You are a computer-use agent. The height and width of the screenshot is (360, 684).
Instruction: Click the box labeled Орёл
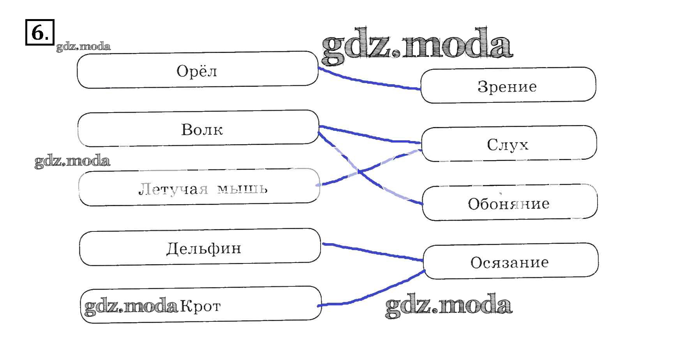click(x=197, y=71)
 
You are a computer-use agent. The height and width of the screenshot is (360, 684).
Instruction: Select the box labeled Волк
click(x=198, y=129)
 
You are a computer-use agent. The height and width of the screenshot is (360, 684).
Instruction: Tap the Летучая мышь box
click(x=199, y=188)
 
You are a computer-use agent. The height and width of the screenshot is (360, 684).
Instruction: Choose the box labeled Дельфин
click(x=200, y=247)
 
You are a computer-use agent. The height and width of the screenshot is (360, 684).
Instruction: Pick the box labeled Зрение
click(x=508, y=86)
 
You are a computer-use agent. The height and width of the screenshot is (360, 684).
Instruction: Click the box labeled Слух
click(x=509, y=144)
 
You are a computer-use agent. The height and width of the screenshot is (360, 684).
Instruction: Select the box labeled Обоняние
click(x=509, y=203)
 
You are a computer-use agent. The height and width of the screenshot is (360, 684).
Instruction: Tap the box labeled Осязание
click(x=510, y=262)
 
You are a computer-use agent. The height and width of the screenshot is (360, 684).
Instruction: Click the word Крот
click(x=201, y=306)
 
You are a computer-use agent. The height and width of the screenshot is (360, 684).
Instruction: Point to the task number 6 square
click(x=40, y=32)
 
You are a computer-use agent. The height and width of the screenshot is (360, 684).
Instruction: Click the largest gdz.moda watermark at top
click(x=417, y=47)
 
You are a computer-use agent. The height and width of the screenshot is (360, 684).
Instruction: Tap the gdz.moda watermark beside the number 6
click(x=83, y=47)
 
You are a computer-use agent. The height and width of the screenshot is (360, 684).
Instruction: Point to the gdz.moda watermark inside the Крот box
click(x=131, y=307)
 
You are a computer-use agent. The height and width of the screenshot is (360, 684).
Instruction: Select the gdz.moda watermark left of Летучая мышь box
click(x=72, y=161)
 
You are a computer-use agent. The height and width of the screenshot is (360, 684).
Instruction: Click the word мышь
click(x=242, y=189)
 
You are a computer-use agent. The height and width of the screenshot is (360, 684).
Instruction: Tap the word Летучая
click(x=173, y=189)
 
